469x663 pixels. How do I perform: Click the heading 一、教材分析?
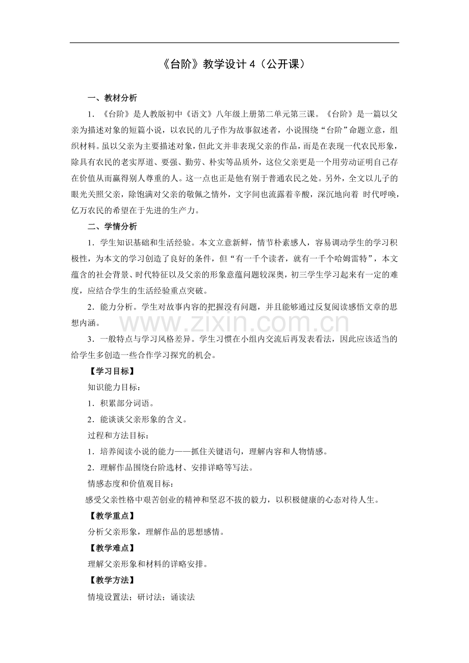point(112,98)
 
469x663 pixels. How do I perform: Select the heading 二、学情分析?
point(112,227)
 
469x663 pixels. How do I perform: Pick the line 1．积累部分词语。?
point(121,403)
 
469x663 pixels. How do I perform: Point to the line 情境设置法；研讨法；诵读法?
point(142,596)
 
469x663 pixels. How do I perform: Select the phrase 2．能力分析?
point(112,307)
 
